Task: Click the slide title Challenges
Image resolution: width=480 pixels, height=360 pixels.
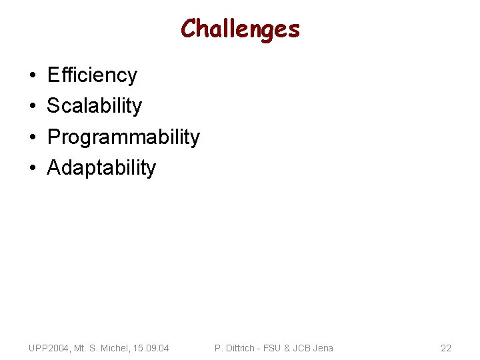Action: pos(240,29)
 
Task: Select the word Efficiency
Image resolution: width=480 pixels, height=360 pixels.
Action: pos(92,75)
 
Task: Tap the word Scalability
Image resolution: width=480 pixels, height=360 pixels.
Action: pos(95,106)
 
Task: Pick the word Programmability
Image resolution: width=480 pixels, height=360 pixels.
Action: pos(123,137)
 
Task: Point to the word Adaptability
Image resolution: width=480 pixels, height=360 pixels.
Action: pos(101,168)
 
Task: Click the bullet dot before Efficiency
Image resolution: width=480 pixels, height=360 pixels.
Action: pos(33,76)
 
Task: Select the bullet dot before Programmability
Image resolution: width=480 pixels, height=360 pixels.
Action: pos(33,137)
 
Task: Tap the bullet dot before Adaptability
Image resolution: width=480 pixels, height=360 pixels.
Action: pos(33,168)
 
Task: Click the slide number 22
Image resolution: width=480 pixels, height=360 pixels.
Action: pos(446,348)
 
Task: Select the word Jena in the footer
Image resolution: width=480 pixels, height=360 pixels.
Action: pos(322,348)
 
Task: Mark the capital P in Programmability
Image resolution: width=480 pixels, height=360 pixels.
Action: pos(53,137)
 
